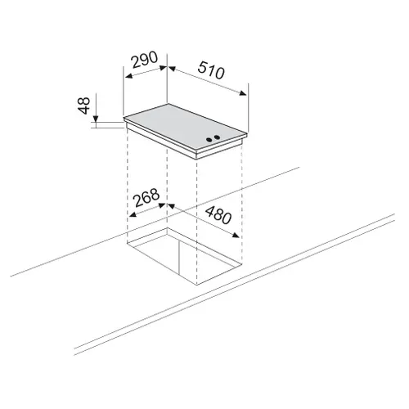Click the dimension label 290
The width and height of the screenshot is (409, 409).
(x=145, y=60)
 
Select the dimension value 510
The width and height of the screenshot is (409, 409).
(x=211, y=70)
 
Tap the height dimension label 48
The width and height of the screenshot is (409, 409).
(x=84, y=106)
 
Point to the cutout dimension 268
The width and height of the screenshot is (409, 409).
(x=146, y=198)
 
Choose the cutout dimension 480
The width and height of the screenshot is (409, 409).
(x=218, y=215)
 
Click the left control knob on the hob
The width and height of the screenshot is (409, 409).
(x=209, y=140)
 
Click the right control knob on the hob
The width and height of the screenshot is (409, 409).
(x=217, y=137)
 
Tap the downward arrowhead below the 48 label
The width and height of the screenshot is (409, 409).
(x=96, y=119)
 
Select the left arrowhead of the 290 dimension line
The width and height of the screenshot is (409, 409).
(x=128, y=76)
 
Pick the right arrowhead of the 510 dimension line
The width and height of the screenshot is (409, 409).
(x=243, y=93)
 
